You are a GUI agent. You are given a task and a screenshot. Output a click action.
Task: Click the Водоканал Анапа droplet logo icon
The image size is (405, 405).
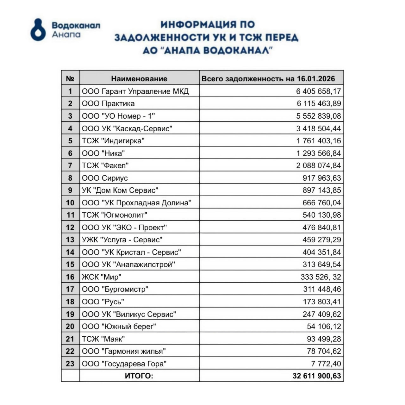(38, 30)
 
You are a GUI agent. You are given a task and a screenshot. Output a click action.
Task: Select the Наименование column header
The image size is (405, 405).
(139, 79)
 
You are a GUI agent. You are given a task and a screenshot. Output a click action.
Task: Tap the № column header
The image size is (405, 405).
(70, 79)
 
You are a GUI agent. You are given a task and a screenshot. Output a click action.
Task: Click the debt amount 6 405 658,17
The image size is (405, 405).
(318, 91)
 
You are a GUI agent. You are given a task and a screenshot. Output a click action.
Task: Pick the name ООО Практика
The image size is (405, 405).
(108, 104)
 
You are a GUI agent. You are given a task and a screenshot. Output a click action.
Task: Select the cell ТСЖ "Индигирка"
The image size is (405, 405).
(113, 141)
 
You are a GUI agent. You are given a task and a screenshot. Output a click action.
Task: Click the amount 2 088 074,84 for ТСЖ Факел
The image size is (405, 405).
(318, 165)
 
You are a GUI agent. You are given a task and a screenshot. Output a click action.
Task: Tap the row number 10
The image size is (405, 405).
(70, 203)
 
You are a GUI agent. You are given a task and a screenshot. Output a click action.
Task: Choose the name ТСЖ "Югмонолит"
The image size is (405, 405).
(115, 215)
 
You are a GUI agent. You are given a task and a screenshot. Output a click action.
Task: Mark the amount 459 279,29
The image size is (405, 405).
(321, 240)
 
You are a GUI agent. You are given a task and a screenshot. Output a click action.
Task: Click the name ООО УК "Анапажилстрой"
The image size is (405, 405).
(128, 265)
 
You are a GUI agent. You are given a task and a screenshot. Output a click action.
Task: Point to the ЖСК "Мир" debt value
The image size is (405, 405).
(321, 277)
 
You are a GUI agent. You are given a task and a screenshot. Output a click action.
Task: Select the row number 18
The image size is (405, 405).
(70, 302)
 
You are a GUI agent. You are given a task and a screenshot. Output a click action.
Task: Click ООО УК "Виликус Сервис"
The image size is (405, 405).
(129, 314)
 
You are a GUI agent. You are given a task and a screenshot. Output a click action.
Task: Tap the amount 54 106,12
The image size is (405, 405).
(324, 327)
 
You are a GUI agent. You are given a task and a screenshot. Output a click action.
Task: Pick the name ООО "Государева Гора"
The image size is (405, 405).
(124, 364)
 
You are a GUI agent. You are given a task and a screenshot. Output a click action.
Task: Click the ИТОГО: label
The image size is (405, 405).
(139, 376)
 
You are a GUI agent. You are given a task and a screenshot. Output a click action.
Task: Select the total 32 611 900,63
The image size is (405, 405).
(317, 376)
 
